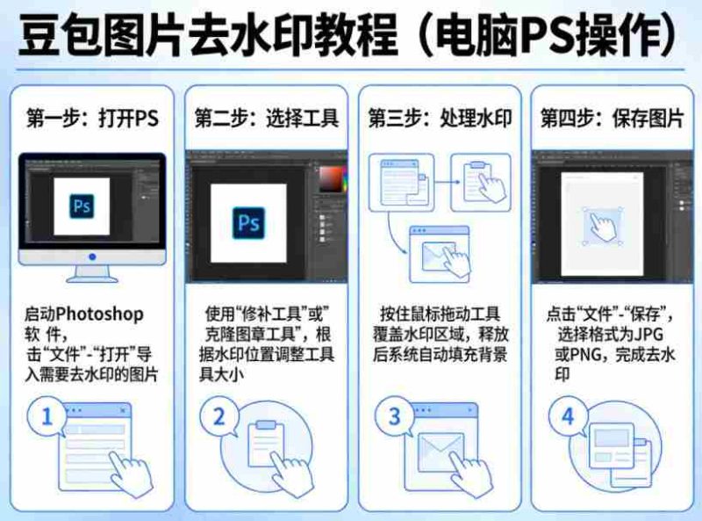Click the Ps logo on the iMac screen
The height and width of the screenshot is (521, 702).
(x=82, y=206)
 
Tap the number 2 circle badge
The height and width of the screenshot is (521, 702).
(x=220, y=417)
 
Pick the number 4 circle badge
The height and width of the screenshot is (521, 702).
(x=567, y=417)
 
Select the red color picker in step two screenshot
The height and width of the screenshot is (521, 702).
(x=332, y=179)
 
